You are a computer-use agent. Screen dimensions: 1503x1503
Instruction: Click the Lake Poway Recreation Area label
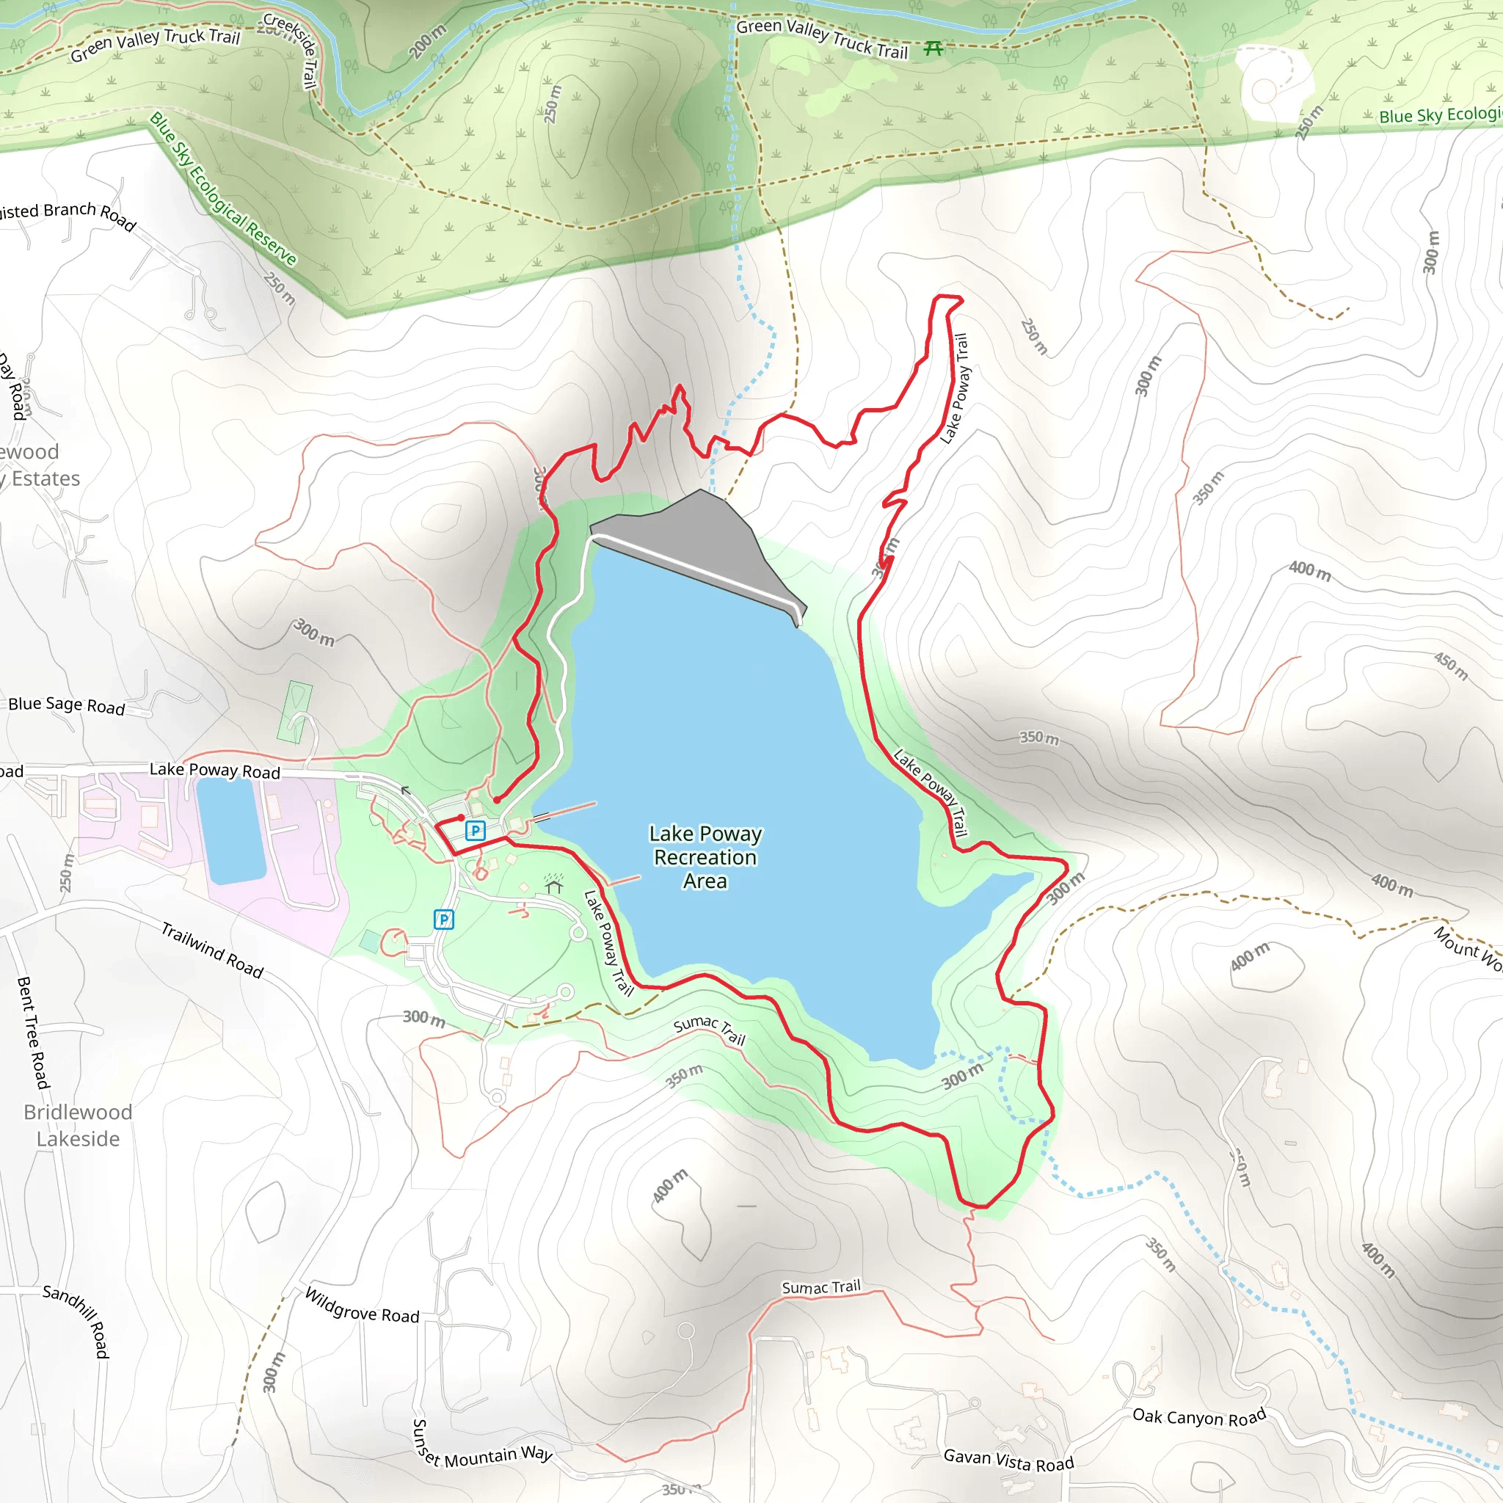pyautogui.click(x=705, y=856)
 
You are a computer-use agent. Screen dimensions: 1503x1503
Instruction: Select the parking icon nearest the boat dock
pyautogui.click(x=475, y=831)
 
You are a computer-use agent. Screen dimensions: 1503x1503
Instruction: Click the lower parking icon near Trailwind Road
pyautogui.click(x=443, y=920)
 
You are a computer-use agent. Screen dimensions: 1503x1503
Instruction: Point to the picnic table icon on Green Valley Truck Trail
pyautogui.click(x=934, y=49)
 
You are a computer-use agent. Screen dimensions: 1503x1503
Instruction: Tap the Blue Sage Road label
pyautogui.click(x=67, y=705)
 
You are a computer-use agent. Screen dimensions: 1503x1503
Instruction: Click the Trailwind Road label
pyautogui.click(x=212, y=950)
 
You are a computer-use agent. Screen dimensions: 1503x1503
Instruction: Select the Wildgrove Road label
pyautogui.click(x=362, y=1307)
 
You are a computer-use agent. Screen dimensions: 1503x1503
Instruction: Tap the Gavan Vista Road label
pyautogui.click(x=1008, y=1460)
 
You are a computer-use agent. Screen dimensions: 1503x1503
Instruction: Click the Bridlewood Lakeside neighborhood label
pyautogui.click(x=78, y=1125)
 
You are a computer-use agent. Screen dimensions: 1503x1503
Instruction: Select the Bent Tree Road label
pyautogui.click(x=33, y=1033)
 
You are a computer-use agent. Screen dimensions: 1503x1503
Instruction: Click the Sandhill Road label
pyautogui.click(x=78, y=1320)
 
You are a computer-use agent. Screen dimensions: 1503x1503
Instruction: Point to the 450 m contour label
pyautogui.click(x=1451, y=666)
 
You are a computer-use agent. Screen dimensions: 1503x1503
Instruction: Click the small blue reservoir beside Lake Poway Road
pyautogui.click(x=231, y=831)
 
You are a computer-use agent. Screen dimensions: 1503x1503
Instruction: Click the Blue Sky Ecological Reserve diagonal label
pyautogui.click(x=223, y=189)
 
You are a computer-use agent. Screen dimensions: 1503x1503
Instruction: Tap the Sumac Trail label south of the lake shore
pyautogui.click(x=710, y=1030)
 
